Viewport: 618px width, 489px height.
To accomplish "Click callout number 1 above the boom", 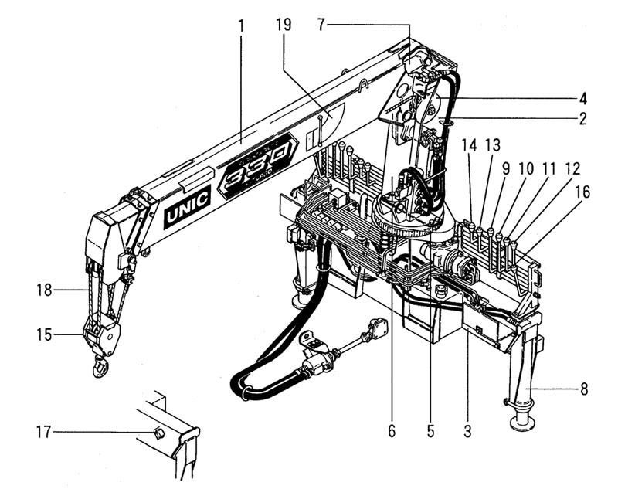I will tap(241, 25).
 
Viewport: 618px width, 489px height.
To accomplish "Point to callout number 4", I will tap(583, 98).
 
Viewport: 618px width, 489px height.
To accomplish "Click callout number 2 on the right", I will tap(583, 119).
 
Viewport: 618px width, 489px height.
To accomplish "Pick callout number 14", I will tap(469, 144).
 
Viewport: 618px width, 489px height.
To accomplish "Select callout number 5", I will tap(430, 431).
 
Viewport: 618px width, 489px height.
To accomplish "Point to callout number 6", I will tap(392, 431).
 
